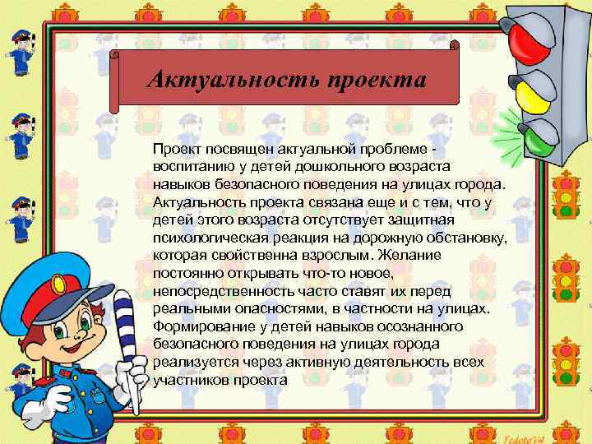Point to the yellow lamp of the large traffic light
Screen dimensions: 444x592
537,90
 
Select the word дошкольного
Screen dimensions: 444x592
317,164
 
